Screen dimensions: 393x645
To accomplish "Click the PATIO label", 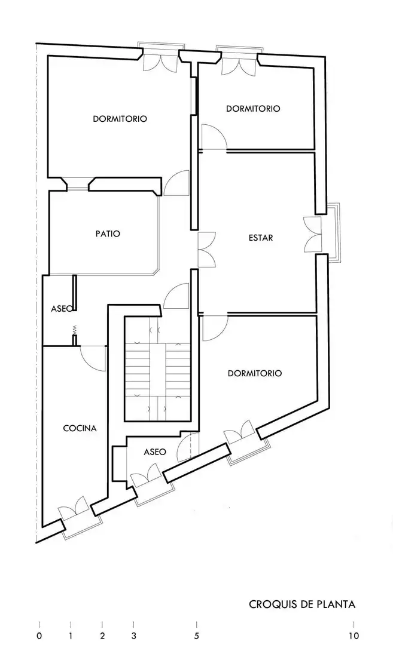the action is [x=108, y=234].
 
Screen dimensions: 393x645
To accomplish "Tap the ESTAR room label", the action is [x=261, y=238].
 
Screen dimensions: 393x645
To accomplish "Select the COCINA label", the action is [x=80, y=428].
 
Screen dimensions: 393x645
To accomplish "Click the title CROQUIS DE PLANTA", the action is [x=302, y=604].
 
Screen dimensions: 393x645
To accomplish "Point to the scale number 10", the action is [x=354, y=636].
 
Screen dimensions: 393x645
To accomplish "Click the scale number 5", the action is [x=196, y=636].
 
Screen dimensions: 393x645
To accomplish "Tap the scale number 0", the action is [x=39, y=636].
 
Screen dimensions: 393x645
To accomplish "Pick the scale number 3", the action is [x=133, y=636].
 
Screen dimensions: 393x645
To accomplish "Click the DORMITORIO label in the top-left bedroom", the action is [x=120, y=119].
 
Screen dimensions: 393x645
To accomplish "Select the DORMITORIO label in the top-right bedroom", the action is [x=253, y=109].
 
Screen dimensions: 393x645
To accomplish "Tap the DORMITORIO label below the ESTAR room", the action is [x=255, y=373].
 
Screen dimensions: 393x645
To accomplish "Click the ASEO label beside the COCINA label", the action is [x=155, y=451].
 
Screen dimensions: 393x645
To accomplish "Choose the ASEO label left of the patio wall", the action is [x=62, y=308].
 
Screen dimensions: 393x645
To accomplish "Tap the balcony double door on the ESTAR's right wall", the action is [x=312, y=234].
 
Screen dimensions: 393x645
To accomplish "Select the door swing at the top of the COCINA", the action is [x=93, y=358].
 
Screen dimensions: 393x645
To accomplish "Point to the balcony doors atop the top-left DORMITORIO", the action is [x=160, y=61].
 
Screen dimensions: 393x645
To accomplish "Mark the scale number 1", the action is [x=71, y=636].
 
